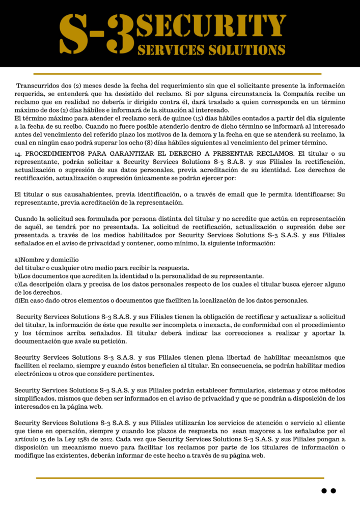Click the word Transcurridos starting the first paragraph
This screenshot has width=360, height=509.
click(x=37, y=86)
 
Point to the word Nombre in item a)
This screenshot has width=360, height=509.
click(x=35, y=260)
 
